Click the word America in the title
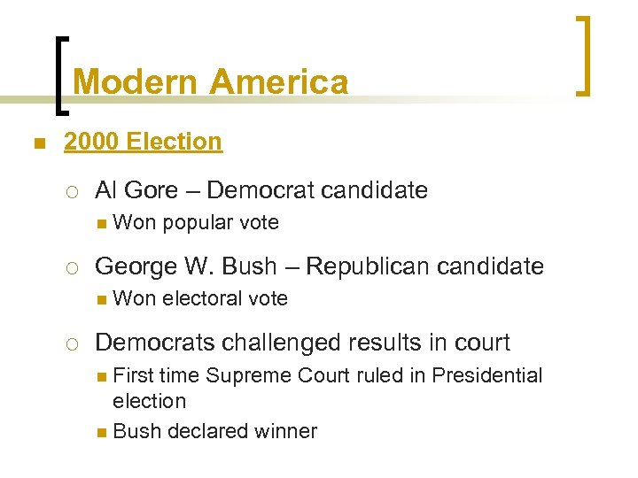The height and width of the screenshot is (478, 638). tap(279, 82)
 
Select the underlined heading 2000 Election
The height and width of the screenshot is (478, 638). tap(143, 141)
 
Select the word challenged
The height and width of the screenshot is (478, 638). tap(286, 342)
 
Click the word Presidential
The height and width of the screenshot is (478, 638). tap(486, 375)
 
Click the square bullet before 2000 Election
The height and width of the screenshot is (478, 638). tap(36, 143)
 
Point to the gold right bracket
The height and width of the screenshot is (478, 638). tap(584, 55)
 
